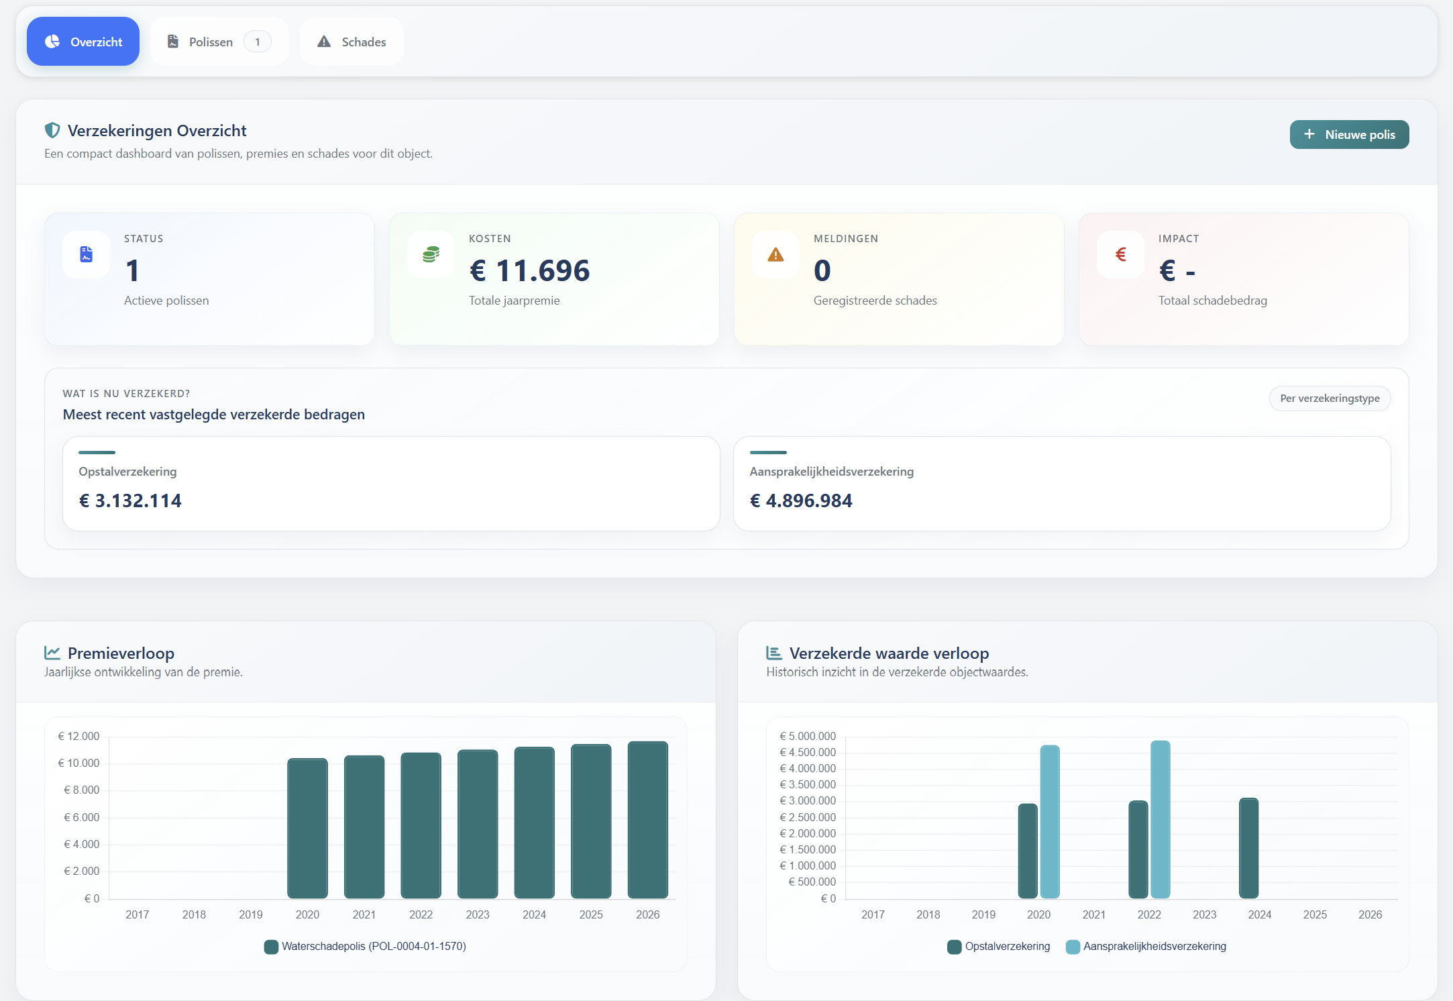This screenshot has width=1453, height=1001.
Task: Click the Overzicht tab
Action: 83,42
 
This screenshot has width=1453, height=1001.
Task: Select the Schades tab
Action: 352,42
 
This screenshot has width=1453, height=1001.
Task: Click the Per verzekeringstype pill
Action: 1329,399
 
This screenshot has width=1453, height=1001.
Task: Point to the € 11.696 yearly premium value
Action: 529,270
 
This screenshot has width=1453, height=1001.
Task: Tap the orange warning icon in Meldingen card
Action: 775,255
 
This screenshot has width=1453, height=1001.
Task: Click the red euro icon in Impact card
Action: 1120,255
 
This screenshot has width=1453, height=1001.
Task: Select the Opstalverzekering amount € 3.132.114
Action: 130,500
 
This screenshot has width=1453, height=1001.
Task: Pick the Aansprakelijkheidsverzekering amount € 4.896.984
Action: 801,500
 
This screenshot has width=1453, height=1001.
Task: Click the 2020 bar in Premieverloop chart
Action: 307,829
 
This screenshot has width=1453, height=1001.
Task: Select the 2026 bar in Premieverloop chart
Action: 647,820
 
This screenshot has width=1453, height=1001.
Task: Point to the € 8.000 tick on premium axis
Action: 81,790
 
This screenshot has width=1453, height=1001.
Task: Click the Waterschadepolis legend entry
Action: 366,947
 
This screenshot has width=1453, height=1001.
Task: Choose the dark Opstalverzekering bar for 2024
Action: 1248,849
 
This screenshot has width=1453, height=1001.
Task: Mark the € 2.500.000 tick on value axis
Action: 808,817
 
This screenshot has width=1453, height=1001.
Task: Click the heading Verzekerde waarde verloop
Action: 889,653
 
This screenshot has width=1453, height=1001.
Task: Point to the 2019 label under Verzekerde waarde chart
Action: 983,914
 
